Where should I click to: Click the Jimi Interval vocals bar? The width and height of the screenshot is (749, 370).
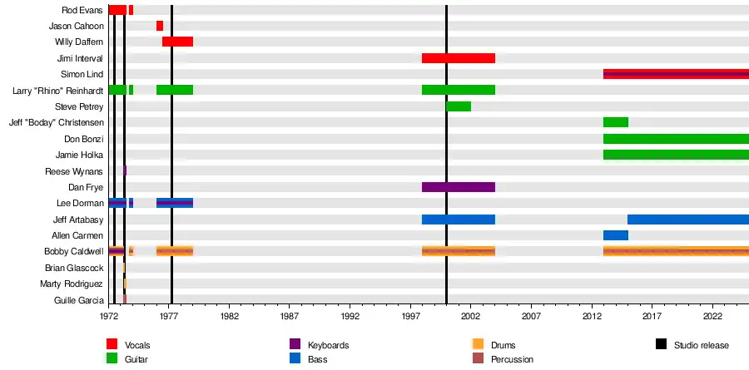[459, 58]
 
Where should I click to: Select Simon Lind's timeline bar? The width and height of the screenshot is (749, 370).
[676, 74]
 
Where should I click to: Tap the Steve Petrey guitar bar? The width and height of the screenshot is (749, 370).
[459, 106]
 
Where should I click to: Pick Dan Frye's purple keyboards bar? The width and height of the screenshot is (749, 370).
[459, 187]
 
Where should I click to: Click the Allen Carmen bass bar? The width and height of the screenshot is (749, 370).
[616, 235]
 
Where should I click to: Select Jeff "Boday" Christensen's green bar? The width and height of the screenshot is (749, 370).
[616, 122]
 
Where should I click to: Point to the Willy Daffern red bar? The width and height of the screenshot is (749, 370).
[177, 42]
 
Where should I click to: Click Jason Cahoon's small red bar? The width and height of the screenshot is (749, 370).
[160, 26]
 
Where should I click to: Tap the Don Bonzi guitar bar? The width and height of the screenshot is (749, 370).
[676, 139]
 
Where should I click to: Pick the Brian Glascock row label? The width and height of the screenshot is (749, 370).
[74, 268]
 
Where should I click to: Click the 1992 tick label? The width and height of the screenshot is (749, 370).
[350, 318]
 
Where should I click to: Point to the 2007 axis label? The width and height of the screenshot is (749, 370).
[531, 318]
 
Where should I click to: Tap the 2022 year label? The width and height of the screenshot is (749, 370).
[712, 318]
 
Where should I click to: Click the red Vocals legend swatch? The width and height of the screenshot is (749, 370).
[112, 344]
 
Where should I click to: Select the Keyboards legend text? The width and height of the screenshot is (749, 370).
[328, 345]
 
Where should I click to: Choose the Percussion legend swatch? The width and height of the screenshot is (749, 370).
[478, 358]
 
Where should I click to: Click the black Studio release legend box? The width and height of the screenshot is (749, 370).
[661, 344]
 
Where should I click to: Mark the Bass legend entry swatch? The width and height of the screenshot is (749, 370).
[295, 358]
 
